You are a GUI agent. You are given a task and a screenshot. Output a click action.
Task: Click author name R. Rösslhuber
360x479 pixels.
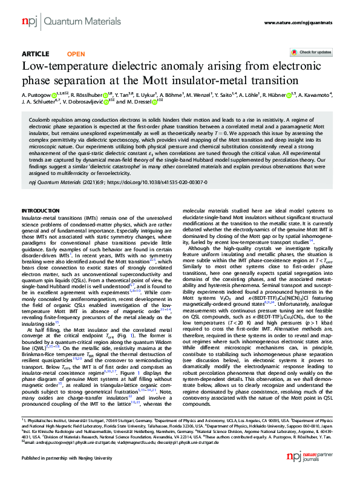coord(88,95)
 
